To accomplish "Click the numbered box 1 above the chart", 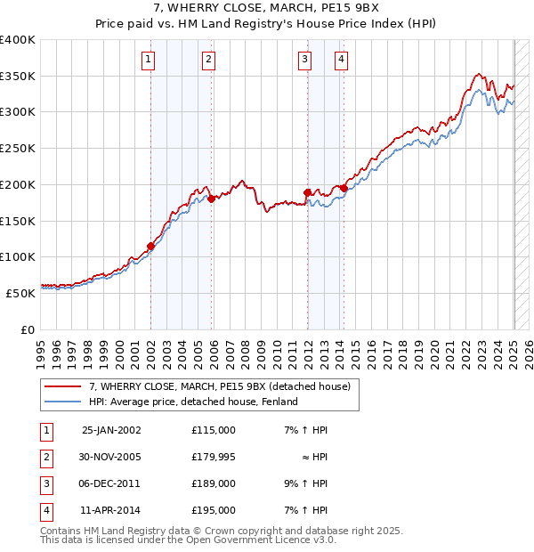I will pos(148,60).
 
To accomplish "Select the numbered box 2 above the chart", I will pos(208,60).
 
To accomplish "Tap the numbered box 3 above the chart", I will pos(304,60).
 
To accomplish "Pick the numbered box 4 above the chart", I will pos(341,60).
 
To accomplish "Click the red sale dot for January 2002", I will pos(151,246).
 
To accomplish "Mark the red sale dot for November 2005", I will pos(212,199).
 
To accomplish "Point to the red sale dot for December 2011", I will pos(307,192).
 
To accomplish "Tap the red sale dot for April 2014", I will pos(344,188).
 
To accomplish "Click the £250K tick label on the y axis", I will pos(18,149).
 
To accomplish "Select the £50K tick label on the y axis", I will pos(21,293).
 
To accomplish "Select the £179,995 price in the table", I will pos(214,458).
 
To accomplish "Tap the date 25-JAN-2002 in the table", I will pos(111,430).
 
